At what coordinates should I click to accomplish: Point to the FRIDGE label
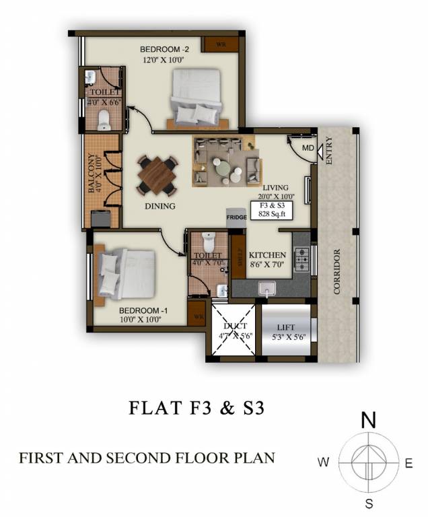point(236,217)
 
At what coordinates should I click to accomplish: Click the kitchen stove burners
point(302,255)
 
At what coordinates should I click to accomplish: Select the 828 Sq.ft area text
point(269,212)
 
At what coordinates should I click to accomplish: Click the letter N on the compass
point(368,421)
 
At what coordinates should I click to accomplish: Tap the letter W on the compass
point(324,462)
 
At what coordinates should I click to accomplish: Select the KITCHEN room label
point(267,256)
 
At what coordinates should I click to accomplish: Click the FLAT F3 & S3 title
point(195,409)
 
